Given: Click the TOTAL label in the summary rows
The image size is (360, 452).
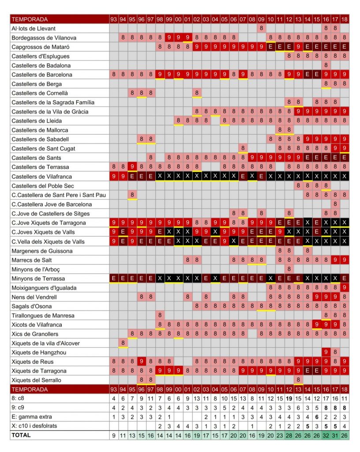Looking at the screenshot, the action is point(21,435).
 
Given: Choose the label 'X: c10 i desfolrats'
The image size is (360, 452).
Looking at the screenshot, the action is point(34,426).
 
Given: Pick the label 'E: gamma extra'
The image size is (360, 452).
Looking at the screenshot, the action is point(32,417).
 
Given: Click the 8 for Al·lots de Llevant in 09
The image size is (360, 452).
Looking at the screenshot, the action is point(261,28).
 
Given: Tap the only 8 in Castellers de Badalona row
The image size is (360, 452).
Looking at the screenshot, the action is point(326,65).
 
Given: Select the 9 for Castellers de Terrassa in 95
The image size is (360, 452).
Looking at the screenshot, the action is point(132,166).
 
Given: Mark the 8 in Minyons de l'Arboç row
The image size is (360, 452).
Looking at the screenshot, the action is point(289,269).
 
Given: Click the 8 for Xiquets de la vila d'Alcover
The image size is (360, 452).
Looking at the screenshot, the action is point(123,343).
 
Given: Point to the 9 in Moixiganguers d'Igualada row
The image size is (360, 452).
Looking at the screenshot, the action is point(344,287).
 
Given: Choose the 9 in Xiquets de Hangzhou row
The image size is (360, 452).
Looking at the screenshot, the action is point(326,352).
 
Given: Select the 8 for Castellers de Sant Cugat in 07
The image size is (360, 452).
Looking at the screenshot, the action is point(243,148).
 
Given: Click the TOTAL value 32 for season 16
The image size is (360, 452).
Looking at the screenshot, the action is point(326,435).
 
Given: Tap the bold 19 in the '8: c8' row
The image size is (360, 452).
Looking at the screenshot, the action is point(289,399).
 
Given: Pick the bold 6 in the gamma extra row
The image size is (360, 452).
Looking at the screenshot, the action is point(316,417).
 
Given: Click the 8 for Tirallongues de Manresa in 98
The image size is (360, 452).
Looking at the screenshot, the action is point(160,315).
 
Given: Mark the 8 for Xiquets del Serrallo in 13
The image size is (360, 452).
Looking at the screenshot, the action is point(298,380).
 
